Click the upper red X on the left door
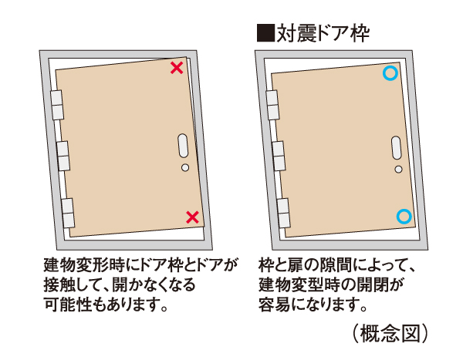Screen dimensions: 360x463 tap(177, 68)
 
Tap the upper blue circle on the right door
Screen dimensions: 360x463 tap(390, 73)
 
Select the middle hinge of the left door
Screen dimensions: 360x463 tap(63, 155)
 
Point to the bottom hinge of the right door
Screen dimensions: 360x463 tap(281, 210)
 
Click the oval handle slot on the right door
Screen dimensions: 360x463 tap(395, 148)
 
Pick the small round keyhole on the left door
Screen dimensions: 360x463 tap(184, 167)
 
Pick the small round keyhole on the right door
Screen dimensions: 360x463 tap(397, 168)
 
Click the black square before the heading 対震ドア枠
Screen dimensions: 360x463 tap(264, 32)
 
